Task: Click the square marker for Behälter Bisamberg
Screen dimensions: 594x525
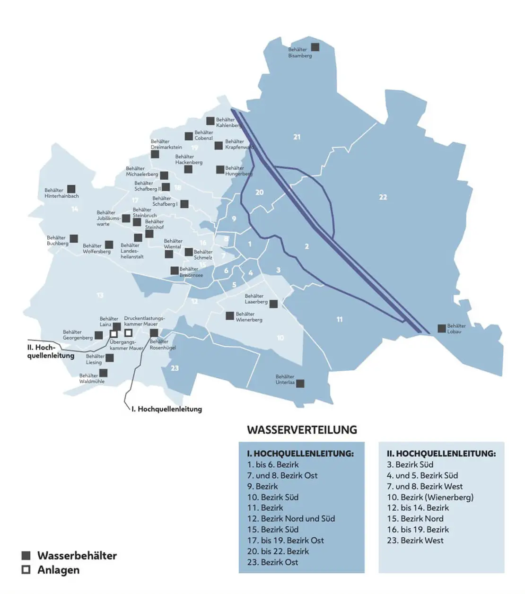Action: tap(315, 47)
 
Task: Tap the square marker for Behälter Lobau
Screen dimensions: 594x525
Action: tap(442, 328)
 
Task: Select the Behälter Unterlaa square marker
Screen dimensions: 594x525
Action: tap(300, 384)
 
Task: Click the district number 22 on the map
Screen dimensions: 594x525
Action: tap(383, 197)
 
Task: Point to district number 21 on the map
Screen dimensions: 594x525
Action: tap(297, 137)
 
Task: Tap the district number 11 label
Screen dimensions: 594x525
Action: tap(340, 320)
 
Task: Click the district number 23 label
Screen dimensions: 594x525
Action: tap(175, 368)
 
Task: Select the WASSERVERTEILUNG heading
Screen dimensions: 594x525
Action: tap(302, 430)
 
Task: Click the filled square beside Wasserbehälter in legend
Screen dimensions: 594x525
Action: tap(26, 555)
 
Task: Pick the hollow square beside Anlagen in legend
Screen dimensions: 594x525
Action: tap(26, 569)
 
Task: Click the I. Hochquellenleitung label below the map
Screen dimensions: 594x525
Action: tap(166, 409)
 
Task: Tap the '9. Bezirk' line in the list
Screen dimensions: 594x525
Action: tap(262, 486)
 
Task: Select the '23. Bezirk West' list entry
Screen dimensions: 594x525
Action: tap(415, 540)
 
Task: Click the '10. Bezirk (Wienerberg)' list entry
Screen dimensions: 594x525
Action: tap(430, 497)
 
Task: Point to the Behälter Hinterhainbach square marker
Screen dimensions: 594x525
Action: tap(71, 189)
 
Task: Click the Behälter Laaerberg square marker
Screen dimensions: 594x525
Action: tap(274, 304)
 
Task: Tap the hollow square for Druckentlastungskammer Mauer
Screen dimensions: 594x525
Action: tap(129, 332)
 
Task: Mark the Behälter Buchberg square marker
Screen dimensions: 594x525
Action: tap(74, 239)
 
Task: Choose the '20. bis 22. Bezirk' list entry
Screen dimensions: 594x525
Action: tap(278, 551)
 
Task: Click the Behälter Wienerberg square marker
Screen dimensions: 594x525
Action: tap(230, 315)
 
